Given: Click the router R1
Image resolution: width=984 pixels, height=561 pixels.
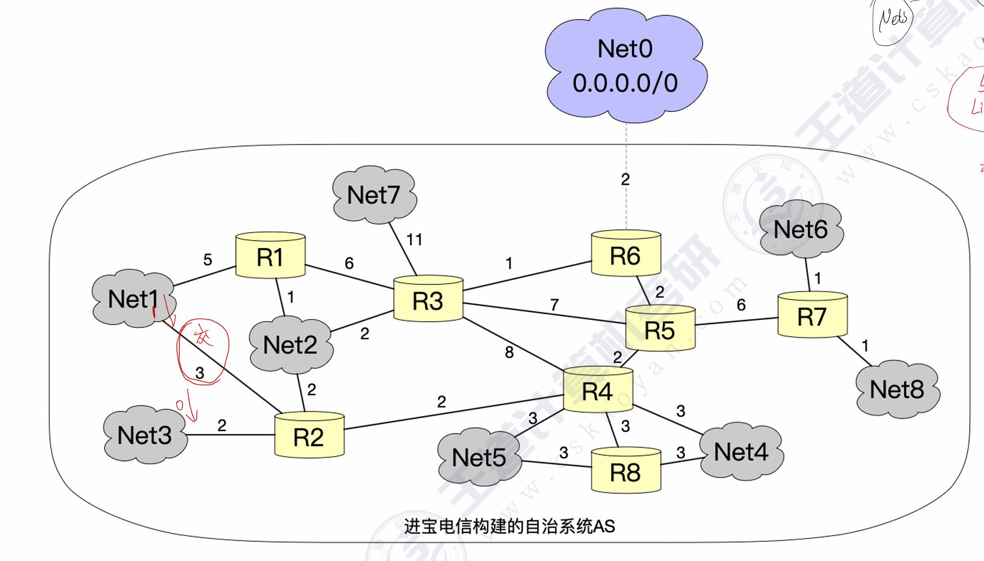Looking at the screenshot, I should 270,256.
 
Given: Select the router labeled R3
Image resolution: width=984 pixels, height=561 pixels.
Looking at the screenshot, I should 428,299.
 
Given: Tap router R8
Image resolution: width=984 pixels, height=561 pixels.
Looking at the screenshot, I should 626,471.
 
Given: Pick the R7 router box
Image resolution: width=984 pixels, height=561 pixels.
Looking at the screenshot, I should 812,315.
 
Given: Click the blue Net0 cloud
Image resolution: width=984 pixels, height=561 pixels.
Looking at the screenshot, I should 625,65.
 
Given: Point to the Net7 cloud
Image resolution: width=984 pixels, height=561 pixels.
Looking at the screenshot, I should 374,195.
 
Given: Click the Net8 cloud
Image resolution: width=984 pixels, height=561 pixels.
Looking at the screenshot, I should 897,389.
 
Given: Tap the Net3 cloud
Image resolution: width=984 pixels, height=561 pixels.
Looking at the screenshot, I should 144,435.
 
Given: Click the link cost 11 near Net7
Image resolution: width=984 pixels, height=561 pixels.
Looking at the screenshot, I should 414,240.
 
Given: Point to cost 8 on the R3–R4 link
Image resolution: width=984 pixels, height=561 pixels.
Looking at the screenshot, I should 509,353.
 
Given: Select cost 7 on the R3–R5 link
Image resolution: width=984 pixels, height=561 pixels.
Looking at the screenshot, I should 554,304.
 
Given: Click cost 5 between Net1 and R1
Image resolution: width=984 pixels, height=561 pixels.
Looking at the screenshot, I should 207,259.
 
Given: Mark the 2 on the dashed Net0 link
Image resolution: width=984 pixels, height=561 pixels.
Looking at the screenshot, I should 625,180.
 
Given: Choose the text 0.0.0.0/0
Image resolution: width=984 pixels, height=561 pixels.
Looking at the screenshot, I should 625,83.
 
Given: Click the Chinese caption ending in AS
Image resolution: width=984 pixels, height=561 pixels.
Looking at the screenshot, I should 509,527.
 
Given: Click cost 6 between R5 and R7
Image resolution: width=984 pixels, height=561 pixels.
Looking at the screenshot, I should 741,304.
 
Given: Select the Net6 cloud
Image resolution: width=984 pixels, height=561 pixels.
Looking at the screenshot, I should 800,229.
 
